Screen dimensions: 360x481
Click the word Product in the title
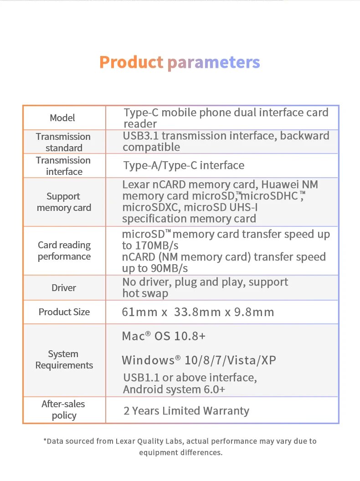[x=131, y=62]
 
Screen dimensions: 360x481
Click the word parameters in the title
[x=213, y=63]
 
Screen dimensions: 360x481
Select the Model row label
[x=62, y=118]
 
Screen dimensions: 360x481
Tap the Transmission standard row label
[x=63, y=142]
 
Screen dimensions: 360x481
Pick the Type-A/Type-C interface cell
[x=184, y=165]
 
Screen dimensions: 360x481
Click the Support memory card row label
[x=64, y=202]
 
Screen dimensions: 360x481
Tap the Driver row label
[x=64, y=288]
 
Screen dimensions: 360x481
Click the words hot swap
[x=145, y=293]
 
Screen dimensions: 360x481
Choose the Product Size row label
[x=64, y=312]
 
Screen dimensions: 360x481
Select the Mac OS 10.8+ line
[x=164, y=337]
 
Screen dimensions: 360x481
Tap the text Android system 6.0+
[x=174, y=389]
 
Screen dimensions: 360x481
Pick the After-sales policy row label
[x=63, y=409]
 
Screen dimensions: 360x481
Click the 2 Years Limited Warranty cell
[x=186, y=411]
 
